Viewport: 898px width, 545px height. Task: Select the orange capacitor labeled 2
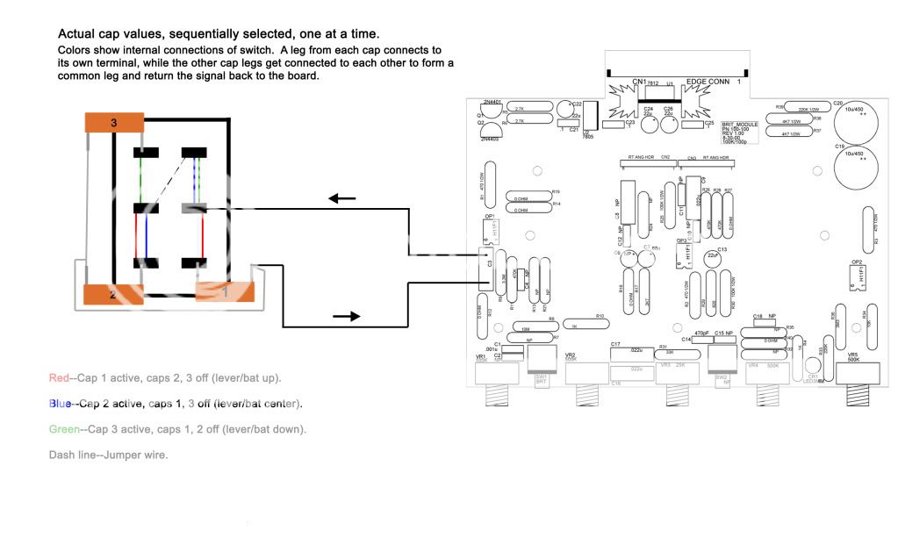pos(112,296)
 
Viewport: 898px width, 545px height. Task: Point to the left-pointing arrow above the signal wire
pos(342,198)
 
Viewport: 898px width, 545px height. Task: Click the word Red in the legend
pos(59,377)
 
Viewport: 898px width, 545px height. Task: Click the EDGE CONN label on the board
pos(709,81)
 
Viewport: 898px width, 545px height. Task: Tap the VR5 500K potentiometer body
pos(858,374)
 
